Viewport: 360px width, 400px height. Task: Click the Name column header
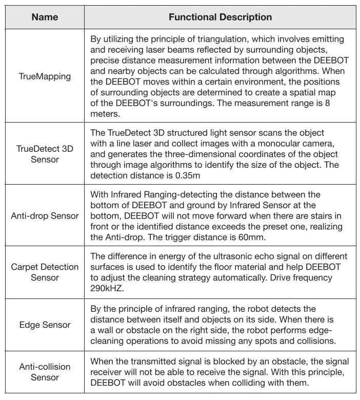click(45, 17)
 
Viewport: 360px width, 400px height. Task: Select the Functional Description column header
click(220, 17)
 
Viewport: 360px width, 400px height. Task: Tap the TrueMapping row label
click(45, 76)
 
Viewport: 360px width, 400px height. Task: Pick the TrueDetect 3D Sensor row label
click(45, 154)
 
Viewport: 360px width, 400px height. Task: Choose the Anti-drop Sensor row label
click(45, 215)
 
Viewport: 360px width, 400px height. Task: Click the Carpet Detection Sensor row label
click(45, 272)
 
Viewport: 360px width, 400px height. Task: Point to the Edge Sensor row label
click(45, 325)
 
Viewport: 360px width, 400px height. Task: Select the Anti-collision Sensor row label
click(45, 372)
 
